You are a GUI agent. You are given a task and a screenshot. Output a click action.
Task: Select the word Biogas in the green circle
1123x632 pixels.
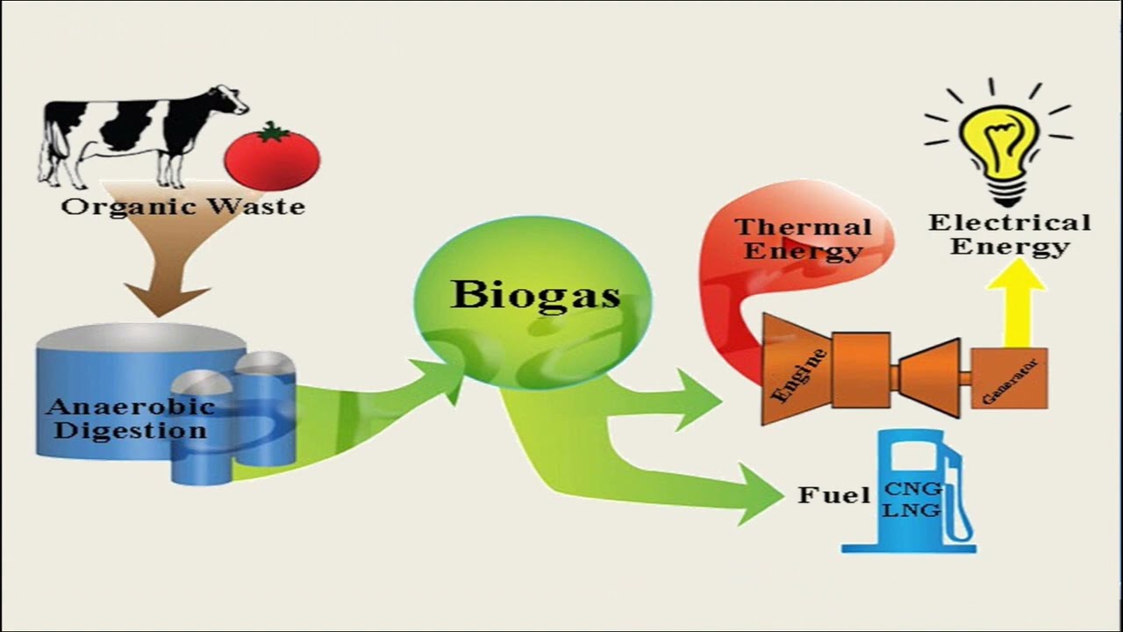(535, 296)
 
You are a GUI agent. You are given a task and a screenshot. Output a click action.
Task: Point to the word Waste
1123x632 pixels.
(257, 206)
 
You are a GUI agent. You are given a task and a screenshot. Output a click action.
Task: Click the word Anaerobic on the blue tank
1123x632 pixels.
(131, 406)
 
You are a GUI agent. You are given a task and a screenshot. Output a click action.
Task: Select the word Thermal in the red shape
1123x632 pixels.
(803, 227)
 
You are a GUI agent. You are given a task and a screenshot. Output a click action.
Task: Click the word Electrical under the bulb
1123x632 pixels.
(1009, 223)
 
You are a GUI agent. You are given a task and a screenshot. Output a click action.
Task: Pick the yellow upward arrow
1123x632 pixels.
(1017, 303)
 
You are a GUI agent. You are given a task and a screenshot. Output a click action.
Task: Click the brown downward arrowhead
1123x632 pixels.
(167, 299)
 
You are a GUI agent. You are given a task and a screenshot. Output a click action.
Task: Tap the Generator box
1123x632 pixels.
(1009, 377)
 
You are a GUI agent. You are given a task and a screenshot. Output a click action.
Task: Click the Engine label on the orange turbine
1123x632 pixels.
(800, 377)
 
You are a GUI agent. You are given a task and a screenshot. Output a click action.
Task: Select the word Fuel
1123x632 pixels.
(833, 496)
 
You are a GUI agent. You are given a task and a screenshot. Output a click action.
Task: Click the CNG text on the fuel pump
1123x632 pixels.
(912, 488)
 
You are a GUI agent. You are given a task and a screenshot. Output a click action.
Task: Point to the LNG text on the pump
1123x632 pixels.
(912, 511)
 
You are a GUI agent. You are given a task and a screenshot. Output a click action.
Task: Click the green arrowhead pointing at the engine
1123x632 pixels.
(699, 400)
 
